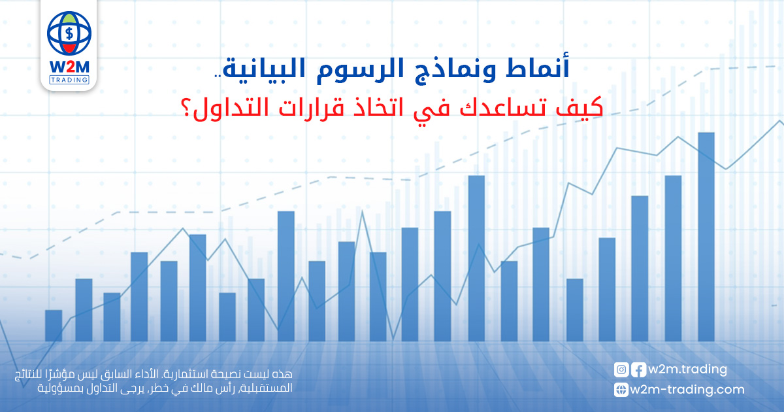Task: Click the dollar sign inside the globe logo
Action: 69,33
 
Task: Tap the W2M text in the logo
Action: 69,67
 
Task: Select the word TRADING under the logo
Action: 69,80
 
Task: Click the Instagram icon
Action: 621,369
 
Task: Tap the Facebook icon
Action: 638,369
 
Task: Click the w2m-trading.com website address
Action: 687,390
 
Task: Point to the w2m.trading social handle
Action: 688,369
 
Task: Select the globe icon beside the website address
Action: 621,390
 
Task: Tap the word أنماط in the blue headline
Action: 538,67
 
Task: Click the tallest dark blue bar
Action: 706,237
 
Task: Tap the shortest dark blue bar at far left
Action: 54,326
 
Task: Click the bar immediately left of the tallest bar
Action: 673,258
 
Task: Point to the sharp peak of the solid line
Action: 362,211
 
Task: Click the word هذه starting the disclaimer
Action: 285,374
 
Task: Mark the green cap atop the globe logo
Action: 69,16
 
